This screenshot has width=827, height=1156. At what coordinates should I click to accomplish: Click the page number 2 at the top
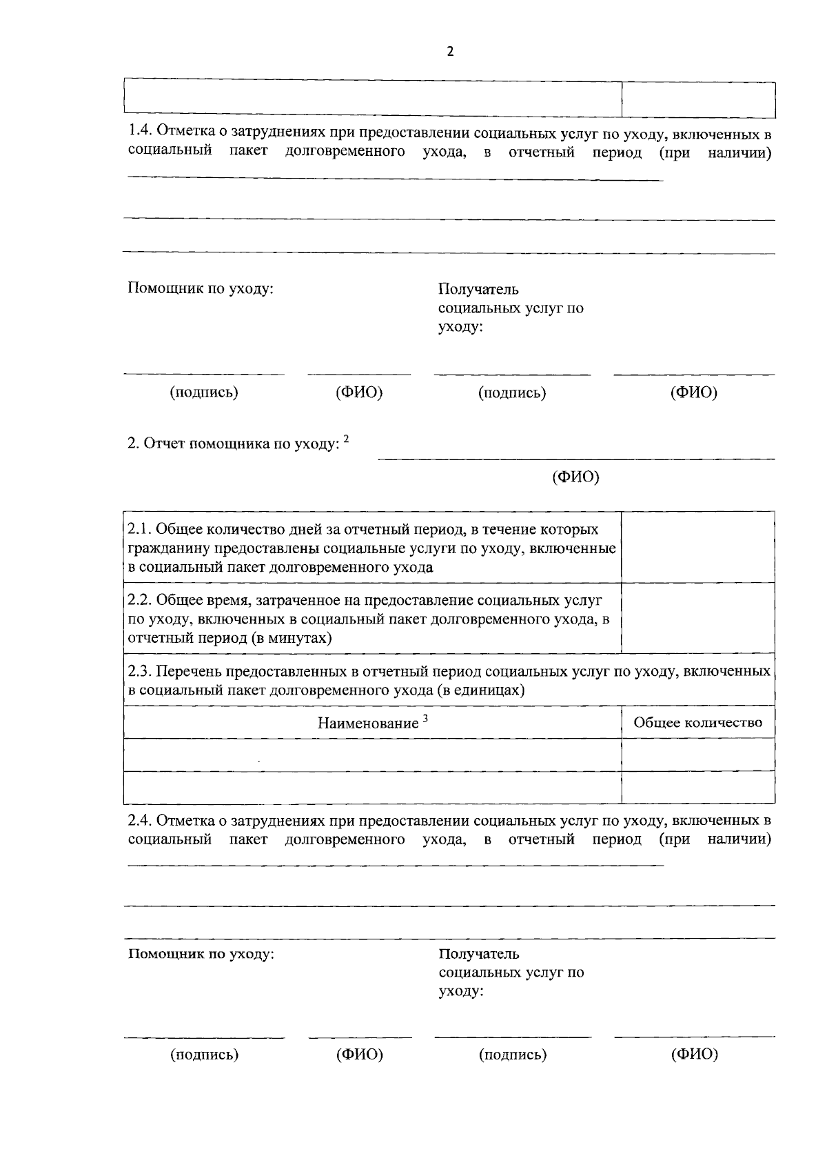click(450, 52)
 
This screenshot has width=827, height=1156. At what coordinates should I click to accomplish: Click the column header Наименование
click(367, 723)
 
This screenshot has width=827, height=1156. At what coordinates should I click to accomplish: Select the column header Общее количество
click(697, 722)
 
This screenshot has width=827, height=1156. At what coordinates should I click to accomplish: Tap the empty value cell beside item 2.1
click(697, 548)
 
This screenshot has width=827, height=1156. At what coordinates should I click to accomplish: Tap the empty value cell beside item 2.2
click(697, 618)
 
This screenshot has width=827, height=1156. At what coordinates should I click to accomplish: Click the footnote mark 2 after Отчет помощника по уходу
click(347, 439)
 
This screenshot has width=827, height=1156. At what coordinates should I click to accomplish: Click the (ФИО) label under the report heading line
click(575, 477)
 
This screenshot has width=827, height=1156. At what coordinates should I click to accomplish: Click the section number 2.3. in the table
click(143, 671)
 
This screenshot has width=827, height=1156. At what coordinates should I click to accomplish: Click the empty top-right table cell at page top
click(697, 99)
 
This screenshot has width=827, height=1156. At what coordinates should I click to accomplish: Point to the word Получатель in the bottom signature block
click(479, 955)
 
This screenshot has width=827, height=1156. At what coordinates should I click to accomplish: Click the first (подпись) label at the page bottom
click(204, 1055)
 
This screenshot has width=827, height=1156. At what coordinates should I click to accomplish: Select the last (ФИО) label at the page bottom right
click(694, 1054)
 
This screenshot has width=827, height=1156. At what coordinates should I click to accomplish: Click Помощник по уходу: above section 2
click(201, 288)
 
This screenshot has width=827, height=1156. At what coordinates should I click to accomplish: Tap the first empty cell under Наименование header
click(372, 755)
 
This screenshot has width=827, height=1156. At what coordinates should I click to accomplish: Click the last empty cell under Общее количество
click(697, 788)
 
